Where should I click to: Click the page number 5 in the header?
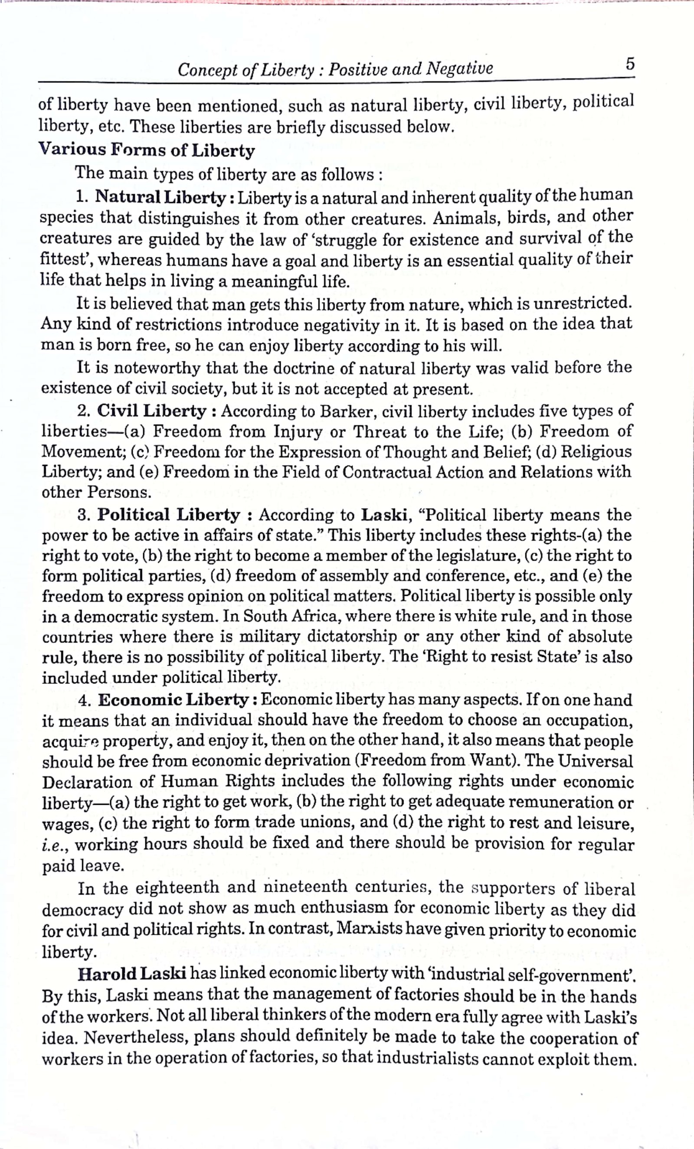click(630, 63)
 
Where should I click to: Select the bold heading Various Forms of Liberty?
click(147, 150)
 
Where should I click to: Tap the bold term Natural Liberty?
click(160, 197)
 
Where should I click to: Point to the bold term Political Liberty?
click(168, 515)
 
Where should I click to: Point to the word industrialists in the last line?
click(427, 1058)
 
